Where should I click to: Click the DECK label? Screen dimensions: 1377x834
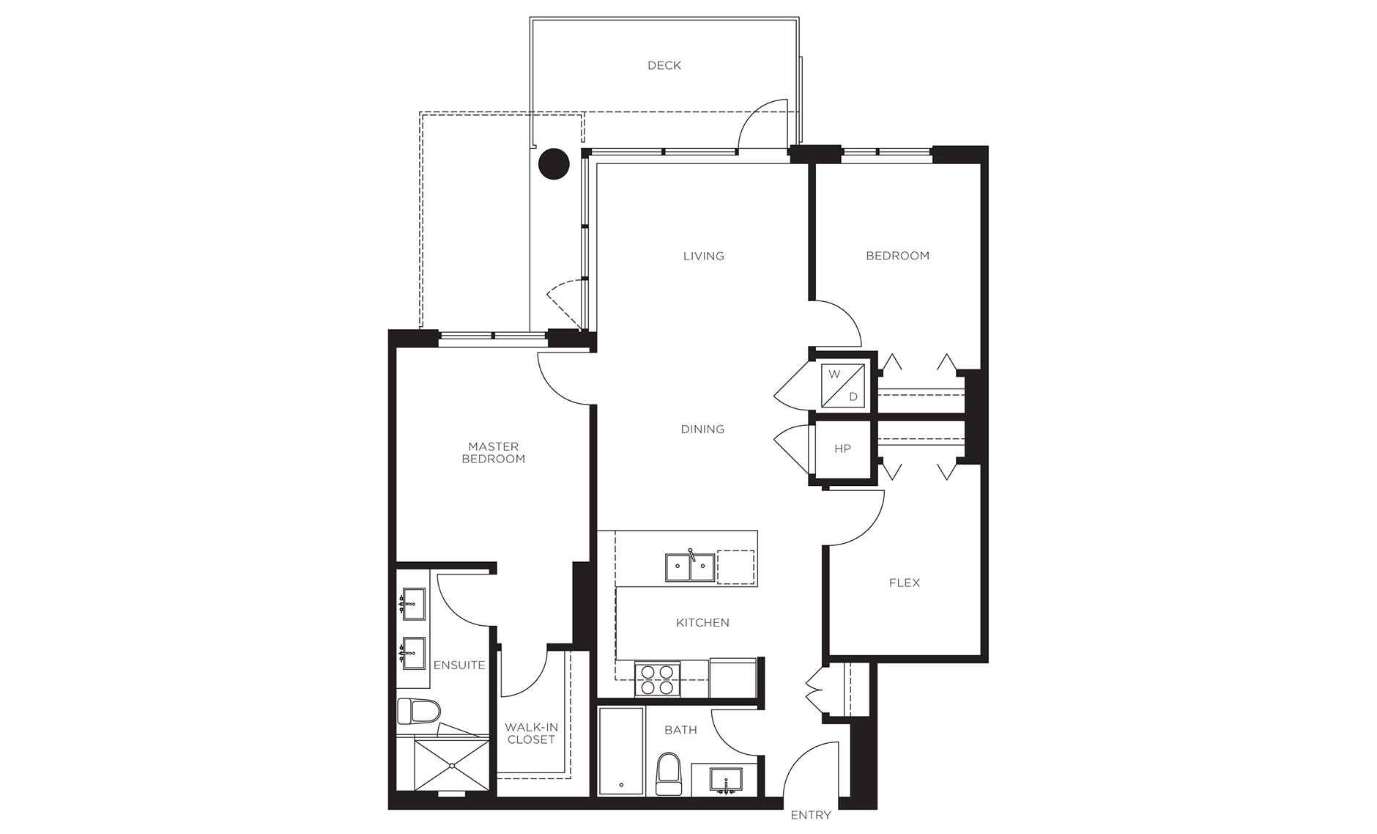click(664, 66)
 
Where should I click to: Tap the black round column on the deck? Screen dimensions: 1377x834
click(554, 164)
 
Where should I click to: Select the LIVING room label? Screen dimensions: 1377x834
click(704, 257)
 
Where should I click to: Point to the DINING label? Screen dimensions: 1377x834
click(702, 429)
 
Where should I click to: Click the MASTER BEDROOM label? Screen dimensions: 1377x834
click(494, 453)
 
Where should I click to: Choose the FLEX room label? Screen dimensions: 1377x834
click(905, 583)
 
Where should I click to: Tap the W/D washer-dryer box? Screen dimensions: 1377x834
click(843, 385)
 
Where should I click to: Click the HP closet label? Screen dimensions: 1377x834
click(842, 449)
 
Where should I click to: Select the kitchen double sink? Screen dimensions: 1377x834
click(690, 567)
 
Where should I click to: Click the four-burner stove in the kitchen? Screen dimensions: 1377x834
click(658, 678)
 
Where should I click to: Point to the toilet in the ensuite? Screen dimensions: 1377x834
click(419, 710)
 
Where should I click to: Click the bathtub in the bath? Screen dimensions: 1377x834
click(621, 751)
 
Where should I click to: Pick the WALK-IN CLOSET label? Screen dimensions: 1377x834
click(532, 734)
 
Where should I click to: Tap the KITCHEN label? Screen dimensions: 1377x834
click(702, 623)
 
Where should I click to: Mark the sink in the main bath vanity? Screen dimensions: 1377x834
click(726, 780)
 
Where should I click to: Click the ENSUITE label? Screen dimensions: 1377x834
click(459, 665)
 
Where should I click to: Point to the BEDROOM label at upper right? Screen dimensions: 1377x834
click(897, 256)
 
